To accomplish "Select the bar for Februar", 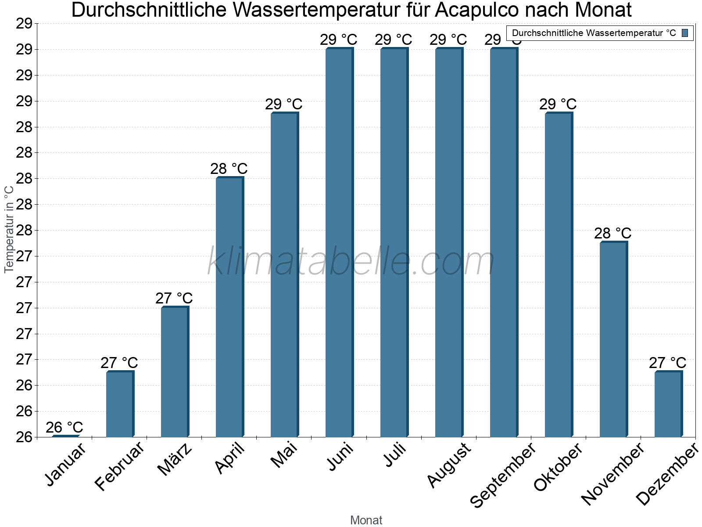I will coord(120,404).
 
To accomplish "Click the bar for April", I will coord(229,307).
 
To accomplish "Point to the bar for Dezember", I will coord(668,404).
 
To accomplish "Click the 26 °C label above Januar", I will coord(64,427).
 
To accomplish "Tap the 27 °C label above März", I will coord(174,298).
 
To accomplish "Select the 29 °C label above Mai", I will coord(284,105).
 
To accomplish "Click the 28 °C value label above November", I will coord(613,234).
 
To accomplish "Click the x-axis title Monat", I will coord(366,520).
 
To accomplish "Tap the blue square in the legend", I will coord(685,33).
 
